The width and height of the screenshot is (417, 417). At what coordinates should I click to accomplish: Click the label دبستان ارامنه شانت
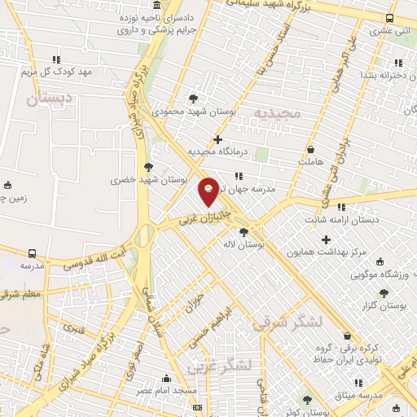[x=340, y=220]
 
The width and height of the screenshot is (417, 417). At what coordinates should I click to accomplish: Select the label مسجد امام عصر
[x=173, y=391]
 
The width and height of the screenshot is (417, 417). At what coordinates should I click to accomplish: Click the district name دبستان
[x=49, y=99]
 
